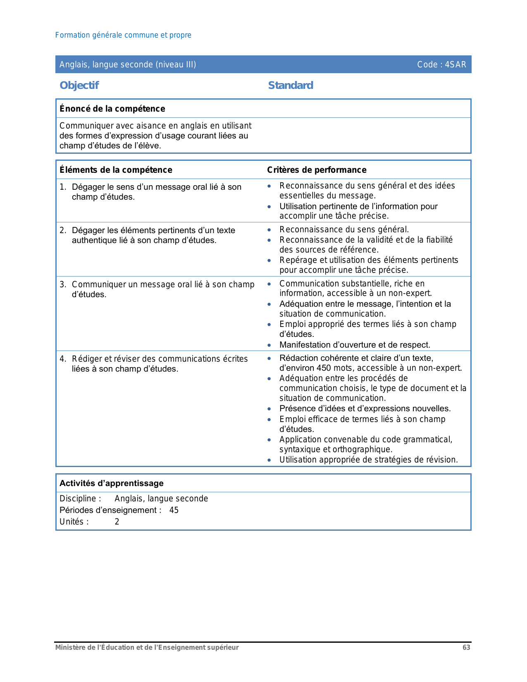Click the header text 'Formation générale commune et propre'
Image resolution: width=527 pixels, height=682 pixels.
pyautogui.click(x=123, y=35)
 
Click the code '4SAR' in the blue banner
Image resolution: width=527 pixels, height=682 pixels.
pyautogui.click(x=455, y=64)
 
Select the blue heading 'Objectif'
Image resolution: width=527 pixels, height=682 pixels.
pyautogui.click(x=79, y=86)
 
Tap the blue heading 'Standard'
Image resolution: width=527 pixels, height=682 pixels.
pyautogui.click(x=291, y=86)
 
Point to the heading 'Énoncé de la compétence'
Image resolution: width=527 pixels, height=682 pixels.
pyautogui.click(x=112, y=109)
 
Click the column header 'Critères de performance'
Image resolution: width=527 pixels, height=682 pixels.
pyautogui.click(x=317, y=170)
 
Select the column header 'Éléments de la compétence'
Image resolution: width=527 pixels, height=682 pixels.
pyautogui.click(x=116, y=170)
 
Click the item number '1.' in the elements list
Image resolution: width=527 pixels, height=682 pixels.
pyautogui.click(x=63, y=187)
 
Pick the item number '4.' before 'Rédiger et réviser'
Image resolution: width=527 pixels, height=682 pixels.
pyautogui.click(x=63, y=359)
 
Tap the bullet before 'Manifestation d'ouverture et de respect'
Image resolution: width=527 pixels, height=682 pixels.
pyautogui.click(x=269, y=345)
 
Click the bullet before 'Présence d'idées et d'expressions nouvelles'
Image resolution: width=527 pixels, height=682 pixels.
pyautogui.click(x=269, y=409)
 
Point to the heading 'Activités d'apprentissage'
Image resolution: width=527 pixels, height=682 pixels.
pyautogui.click(x=112, y=483)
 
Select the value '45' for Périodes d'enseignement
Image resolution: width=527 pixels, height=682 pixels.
pyautogui.click(x=174, y=510)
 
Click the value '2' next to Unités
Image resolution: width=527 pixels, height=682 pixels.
pyautogui.click(x=117, y=522)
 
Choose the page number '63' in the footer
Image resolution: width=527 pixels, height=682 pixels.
pyautogui.click(x=466, y=648)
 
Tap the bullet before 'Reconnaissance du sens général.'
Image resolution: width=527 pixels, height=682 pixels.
pyautogui.click(x=269, y=230)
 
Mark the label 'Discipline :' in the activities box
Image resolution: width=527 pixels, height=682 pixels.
pyautogui.click(x=80, y=498)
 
